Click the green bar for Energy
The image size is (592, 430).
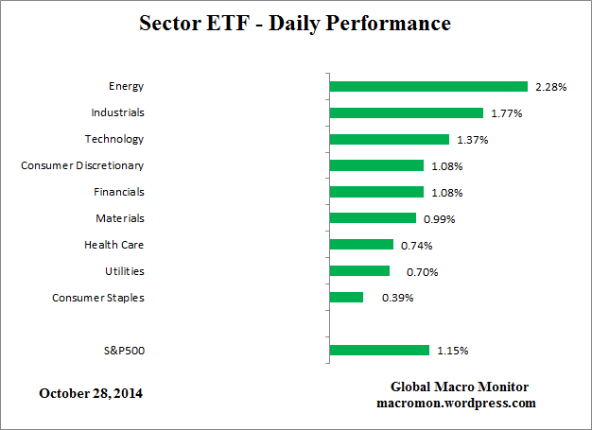click(x=427, y=86)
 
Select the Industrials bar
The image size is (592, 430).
click(x=406, y=112)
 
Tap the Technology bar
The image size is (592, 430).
click(x=389, y=139)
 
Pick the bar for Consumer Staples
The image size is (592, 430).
click(x=346, y=297)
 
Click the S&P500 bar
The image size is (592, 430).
click(x=379, y=351)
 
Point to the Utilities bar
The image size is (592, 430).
click(x=359, y=271)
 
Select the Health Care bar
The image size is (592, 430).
click(x=361, y=245)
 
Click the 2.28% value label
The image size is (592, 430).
click(x=550, y=87)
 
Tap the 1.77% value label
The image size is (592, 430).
click(x=507, y=113)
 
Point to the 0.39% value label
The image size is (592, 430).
click(x=397, y=298)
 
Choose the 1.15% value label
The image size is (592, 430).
click(x=452, y=352)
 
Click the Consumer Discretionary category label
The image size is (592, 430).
click(x=82, y=165)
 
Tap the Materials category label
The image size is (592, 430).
click(x=119, y=218)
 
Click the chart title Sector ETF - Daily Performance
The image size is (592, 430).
click(x=294, y=22)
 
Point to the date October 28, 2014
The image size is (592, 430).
click(x=92, y=392)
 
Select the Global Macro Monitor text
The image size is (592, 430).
click(x=459, y=387)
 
